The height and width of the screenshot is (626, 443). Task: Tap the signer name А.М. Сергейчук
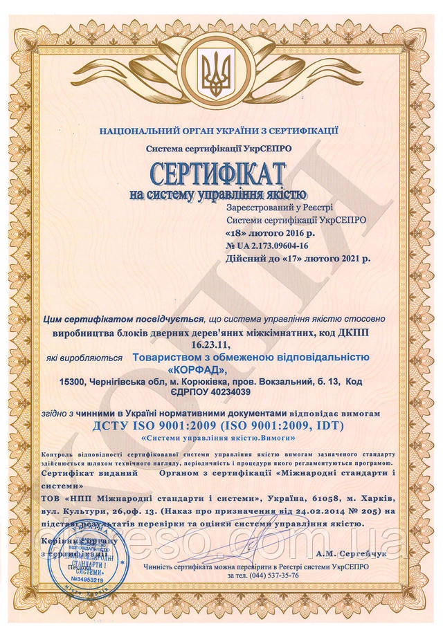pos(345,554)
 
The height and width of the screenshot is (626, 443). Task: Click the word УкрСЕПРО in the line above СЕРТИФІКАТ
pos(265,148)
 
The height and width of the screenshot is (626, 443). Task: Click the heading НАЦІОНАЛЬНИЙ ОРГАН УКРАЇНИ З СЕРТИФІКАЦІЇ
pos(218,130)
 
